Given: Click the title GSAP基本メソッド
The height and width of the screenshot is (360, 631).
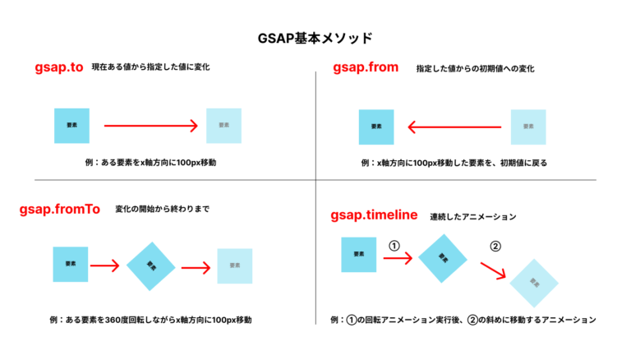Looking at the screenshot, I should (x=315, y=38).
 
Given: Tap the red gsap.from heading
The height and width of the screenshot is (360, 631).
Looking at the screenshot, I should (x=365, y=67).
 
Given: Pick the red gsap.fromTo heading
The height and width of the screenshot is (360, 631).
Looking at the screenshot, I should (x=59, y=210).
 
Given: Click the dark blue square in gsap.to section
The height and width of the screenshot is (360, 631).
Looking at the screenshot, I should (x=71, y=126).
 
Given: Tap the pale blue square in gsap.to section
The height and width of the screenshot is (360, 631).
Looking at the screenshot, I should (x=223, y=126).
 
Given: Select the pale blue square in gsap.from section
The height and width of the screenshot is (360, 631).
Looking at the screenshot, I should (x=528, y=127).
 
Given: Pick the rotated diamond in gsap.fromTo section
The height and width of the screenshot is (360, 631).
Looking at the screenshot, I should (x=150, y=265).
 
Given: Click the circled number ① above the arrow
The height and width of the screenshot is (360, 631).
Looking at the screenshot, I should (x=393, y=245).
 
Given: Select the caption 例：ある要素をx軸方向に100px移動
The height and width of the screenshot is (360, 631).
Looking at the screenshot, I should (x=150, y=163).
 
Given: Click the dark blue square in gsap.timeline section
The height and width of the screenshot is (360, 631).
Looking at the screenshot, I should (x=358, y=254).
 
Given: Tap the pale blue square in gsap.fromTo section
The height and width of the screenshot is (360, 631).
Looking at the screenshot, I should (x=234, y=266).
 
